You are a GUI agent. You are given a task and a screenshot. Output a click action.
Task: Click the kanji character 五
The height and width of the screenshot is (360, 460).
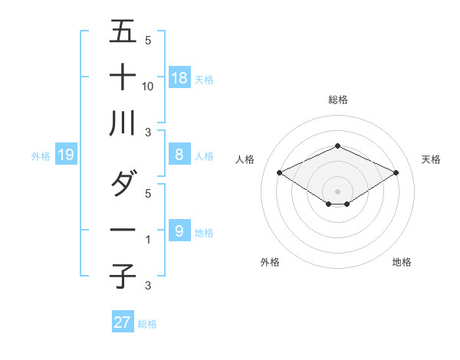123,33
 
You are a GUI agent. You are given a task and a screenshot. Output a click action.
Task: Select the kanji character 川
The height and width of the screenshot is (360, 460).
123,123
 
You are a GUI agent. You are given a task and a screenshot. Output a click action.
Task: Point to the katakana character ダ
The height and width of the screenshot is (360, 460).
123,183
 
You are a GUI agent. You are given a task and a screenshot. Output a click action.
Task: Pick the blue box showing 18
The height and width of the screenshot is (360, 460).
179,77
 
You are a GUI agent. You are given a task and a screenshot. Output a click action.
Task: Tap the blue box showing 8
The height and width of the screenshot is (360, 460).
179,155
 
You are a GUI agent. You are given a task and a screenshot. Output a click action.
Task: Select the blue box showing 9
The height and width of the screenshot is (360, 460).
179,231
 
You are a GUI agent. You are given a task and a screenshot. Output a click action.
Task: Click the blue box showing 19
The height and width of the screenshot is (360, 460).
66,155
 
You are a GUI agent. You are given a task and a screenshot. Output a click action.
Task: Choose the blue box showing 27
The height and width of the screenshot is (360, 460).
123,322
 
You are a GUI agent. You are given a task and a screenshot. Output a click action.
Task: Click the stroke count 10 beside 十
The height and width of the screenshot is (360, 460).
148,86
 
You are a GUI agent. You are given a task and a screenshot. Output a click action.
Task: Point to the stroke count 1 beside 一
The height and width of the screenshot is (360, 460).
148,239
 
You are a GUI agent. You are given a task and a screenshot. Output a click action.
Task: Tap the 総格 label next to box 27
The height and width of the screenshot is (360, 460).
147,323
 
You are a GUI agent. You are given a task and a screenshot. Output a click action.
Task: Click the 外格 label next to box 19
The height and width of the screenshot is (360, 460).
41,155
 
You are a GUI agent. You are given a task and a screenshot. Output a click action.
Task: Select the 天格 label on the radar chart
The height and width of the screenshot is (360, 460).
432,159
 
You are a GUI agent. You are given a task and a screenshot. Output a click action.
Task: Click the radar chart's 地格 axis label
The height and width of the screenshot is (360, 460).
402,262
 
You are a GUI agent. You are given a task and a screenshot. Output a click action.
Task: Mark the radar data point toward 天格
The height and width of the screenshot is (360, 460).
396,172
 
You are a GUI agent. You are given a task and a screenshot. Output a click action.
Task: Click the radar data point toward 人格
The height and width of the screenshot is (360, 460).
279,172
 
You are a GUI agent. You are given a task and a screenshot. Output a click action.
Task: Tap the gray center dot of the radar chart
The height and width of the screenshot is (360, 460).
337,191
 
